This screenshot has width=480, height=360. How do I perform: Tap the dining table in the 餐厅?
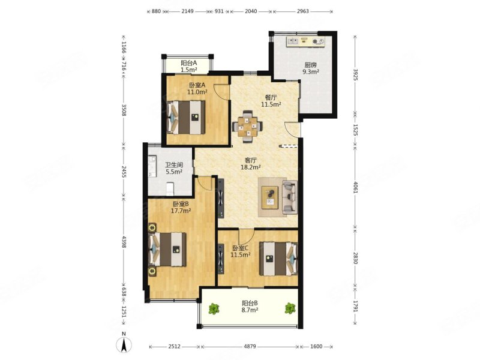tap(247, 126)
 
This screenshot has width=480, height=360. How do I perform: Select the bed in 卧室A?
tap(186, 117)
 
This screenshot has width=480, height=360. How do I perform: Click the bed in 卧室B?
tap(167, 250)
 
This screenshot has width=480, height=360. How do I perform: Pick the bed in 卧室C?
tap(278, 259)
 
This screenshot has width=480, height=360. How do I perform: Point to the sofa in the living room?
tap(290, 197)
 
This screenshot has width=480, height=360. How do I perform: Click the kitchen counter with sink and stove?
tap(305, 41)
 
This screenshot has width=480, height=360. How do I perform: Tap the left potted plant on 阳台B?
tap(214, 308)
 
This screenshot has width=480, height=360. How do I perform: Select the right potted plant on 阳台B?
tap(290, 308)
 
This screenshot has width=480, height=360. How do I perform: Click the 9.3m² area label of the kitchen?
tap(311, 72)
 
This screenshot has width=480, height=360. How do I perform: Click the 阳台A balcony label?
tap(188, 63)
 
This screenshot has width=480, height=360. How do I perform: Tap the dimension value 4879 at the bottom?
tap(250, 347)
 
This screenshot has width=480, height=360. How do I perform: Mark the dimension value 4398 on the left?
tap(124, 242)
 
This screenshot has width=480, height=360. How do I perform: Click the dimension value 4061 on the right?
tap(355, 187)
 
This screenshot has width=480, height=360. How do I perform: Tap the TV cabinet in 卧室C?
tap(220, 259)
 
